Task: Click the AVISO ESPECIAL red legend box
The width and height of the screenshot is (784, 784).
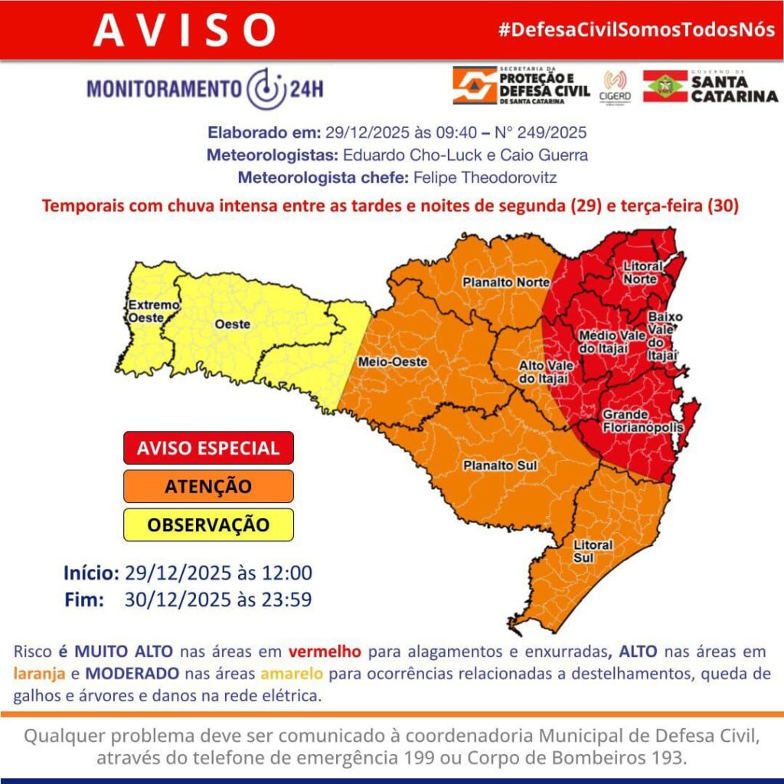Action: (208, 448)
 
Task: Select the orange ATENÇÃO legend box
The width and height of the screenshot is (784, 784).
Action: (208, 486)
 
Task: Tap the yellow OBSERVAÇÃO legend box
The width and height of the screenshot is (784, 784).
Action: (208, 524)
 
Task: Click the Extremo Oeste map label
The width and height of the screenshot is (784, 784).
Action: (153, 311)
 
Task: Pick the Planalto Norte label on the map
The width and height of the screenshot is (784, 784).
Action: (505, 282)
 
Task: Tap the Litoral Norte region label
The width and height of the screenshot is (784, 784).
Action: (640, 273)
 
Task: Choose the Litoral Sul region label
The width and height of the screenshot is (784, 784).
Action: (593, 550)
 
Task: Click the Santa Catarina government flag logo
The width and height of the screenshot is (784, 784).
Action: (665, 86)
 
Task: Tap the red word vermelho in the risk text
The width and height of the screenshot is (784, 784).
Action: (325, 652)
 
